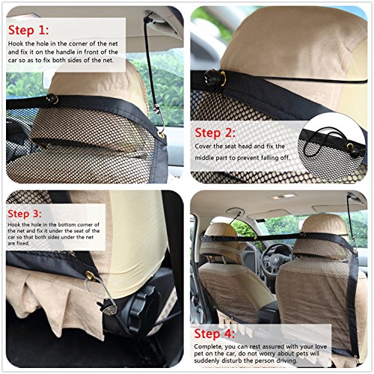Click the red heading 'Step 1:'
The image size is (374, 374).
[x=28, y=31]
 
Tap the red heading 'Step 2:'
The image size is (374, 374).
[x=215, y=132]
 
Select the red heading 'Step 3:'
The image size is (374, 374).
[x=25, y=214]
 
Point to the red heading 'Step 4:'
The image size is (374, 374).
[x=215, y=334]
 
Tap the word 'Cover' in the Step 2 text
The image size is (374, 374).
[x=203, y=146]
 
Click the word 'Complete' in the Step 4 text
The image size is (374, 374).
[x=208, y=347]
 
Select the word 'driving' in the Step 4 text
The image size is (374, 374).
[x=286, y=361]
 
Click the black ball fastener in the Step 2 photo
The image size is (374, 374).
[x=212, y=77]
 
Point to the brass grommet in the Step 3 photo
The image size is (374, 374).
[x=90, y=275]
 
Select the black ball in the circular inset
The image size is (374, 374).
[x=355, y=153]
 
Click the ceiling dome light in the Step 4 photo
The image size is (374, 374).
[x=282, y=197]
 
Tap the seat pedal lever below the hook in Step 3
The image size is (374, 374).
[x=108, y=308]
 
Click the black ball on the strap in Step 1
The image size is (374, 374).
[x=52, y=99]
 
